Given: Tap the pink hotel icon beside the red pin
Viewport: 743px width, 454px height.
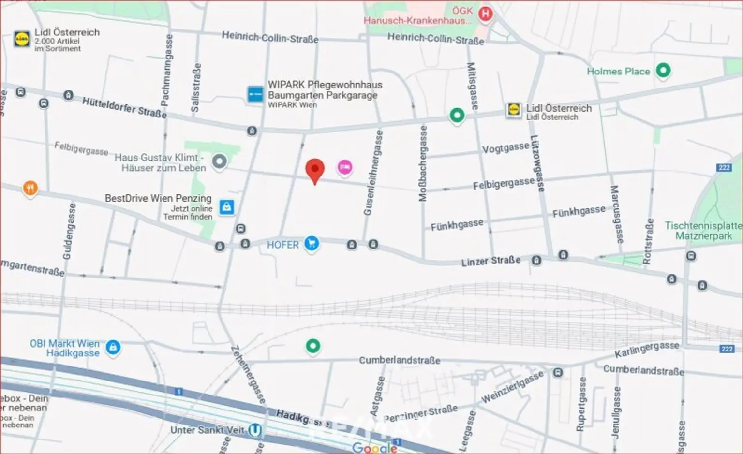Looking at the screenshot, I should (345, 167).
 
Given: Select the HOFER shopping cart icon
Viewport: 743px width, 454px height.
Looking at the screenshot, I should (312, 244).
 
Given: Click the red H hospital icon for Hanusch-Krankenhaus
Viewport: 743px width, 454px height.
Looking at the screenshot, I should (485, 14).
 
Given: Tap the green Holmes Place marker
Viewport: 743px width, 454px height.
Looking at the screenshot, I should (663, 71).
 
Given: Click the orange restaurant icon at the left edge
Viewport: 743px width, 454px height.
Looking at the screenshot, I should (30, 188).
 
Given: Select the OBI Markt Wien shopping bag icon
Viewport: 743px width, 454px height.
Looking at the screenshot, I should (113, 347).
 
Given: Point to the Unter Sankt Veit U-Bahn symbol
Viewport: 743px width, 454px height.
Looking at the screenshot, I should (255, 430).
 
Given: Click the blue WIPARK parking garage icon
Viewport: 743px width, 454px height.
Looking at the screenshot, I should (255, 94).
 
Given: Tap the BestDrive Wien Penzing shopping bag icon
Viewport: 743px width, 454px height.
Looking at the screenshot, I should (226, 207).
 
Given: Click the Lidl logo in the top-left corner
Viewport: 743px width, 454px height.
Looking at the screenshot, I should (22, 39).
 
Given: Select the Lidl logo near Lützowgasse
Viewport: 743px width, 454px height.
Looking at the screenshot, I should (514, 110).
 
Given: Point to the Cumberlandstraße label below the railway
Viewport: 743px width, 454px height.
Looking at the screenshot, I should (399, 360).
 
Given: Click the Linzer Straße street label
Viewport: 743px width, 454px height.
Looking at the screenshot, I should (490, 261).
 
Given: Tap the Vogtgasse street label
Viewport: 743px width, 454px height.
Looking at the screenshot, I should (505, 147).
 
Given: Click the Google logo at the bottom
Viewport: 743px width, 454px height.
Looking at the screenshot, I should (374, 447).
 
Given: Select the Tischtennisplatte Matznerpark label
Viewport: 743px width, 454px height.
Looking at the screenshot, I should (703, 231).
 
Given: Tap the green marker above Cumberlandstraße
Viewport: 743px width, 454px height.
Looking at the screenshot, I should (313, 346).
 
